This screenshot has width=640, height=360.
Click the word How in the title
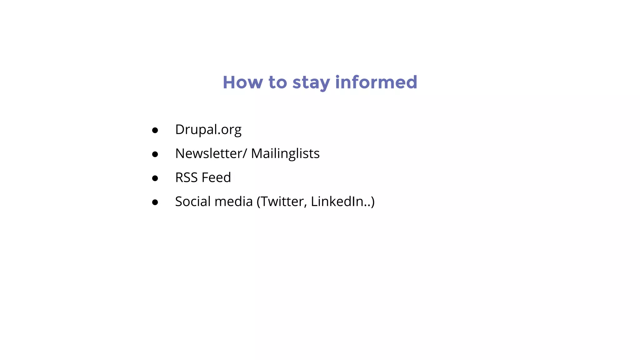tap(242, 82)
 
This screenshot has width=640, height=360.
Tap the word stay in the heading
tap(311, 83)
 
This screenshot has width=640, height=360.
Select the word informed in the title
tap(376, 82)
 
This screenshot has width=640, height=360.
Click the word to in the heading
tap(277, 82)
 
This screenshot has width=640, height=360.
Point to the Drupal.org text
tap(208, 129)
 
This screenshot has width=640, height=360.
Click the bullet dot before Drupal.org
tap(155, 130)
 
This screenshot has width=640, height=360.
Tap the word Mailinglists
tap(285, 153)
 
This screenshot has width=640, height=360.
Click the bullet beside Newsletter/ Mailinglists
tap(155, 154)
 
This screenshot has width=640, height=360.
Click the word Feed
tap(216, 177)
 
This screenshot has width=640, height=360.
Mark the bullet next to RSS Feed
tap(155, 178)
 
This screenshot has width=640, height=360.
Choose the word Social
tap(192, 202)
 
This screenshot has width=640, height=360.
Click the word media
tap(233, 202)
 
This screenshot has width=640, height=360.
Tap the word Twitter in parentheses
tap(283, 202)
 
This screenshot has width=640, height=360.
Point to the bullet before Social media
tap(155, 202)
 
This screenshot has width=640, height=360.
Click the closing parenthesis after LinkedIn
tap(372, 202)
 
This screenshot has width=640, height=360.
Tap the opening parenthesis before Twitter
tap(258, 202)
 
